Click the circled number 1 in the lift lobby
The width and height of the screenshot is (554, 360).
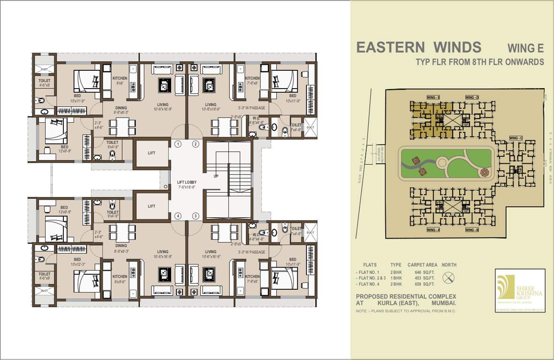tap(178, 144)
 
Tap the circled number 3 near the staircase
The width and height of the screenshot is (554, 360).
tap(196, 216)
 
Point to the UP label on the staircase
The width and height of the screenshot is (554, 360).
tap(216, 176)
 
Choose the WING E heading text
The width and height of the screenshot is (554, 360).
tap(525, 48)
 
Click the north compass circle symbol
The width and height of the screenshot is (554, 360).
tap(449, 277)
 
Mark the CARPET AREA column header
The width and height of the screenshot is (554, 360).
tap(422, 265)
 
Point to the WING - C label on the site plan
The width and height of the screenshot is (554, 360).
tap(515, 138)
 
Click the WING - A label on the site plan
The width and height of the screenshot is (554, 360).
tap(433, 230)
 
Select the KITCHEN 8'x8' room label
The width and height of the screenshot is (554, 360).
tap(120, 81)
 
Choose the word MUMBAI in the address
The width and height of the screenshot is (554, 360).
tap(443, 304)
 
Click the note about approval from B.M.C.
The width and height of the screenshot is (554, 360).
tap(406, 311)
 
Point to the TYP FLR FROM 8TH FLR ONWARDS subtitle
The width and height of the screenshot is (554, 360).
tap(480, 62)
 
